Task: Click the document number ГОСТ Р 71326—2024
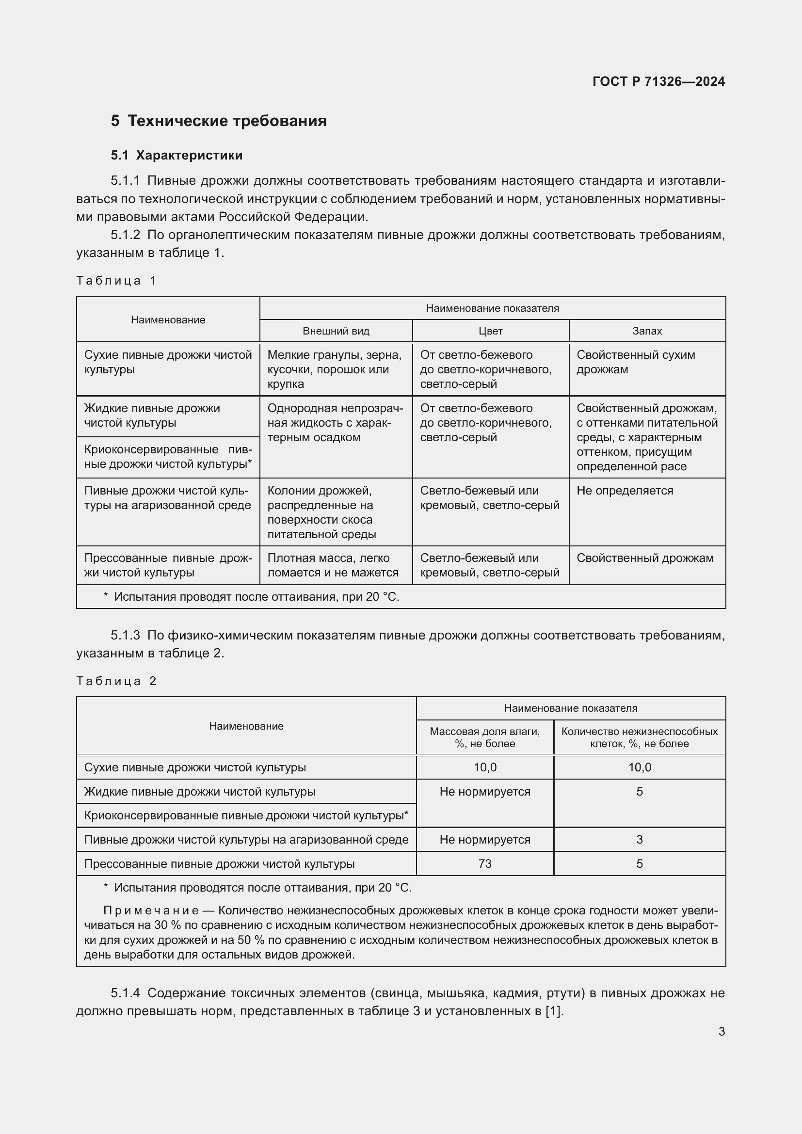pyautogui.click(x=658, y=81)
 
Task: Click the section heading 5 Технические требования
pyautogui.click(x=219, y=121)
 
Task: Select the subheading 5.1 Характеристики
pyautogui.click(x=176, y=155)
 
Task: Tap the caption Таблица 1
pyautogui.click(x=116, y=281)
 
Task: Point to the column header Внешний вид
pyautogui.click(x=336, y=331)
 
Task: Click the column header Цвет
pyautogui.click(x=490, y=331)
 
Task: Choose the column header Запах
pyautogui.click(x=647, y=331)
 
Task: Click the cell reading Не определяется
pyautogui.click(x=625, y=491)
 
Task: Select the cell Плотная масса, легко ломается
pyautogui.click(x=332, y=565)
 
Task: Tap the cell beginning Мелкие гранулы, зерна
pyautogui.click(x=335, y=369)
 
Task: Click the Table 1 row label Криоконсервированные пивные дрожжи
pyautogui.click(x=168, y=457)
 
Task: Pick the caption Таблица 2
pyautogui.click(x=116, y=681)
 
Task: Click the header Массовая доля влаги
pyautogui.click(x=484, y=737)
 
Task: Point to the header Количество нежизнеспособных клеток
pyautogui.click(x=639, y=737)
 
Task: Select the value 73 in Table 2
pyautogui.click(x=484, y=864)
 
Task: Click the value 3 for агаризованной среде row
pyautogui.click(x=639, y=840)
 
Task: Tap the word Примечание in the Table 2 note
pyautogui.click(x=151, y=911)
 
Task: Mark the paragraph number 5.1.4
pyautogui.click(x=126, y=993)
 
